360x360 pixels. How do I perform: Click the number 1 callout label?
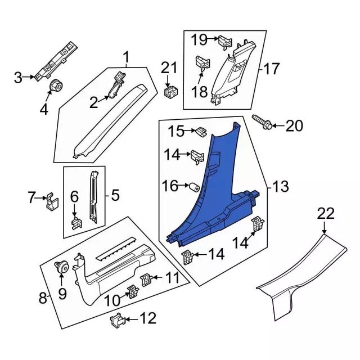(x=126, y=57)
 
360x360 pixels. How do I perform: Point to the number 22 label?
(x=326, y=214)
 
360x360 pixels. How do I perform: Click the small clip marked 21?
(x=168, y=90)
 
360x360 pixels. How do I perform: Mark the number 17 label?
(x=271, y=69)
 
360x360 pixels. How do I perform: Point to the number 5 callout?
(x=115, y=195)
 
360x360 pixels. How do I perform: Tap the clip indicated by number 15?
(x=199, y=132)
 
